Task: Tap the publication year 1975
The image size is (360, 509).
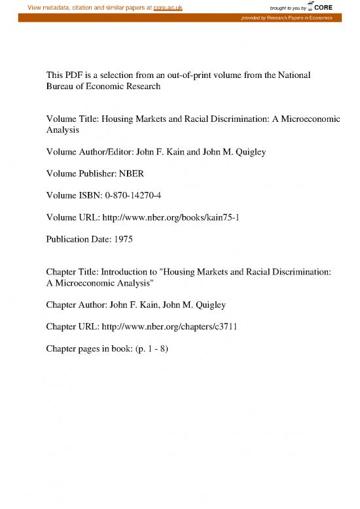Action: tap(122, 240)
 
